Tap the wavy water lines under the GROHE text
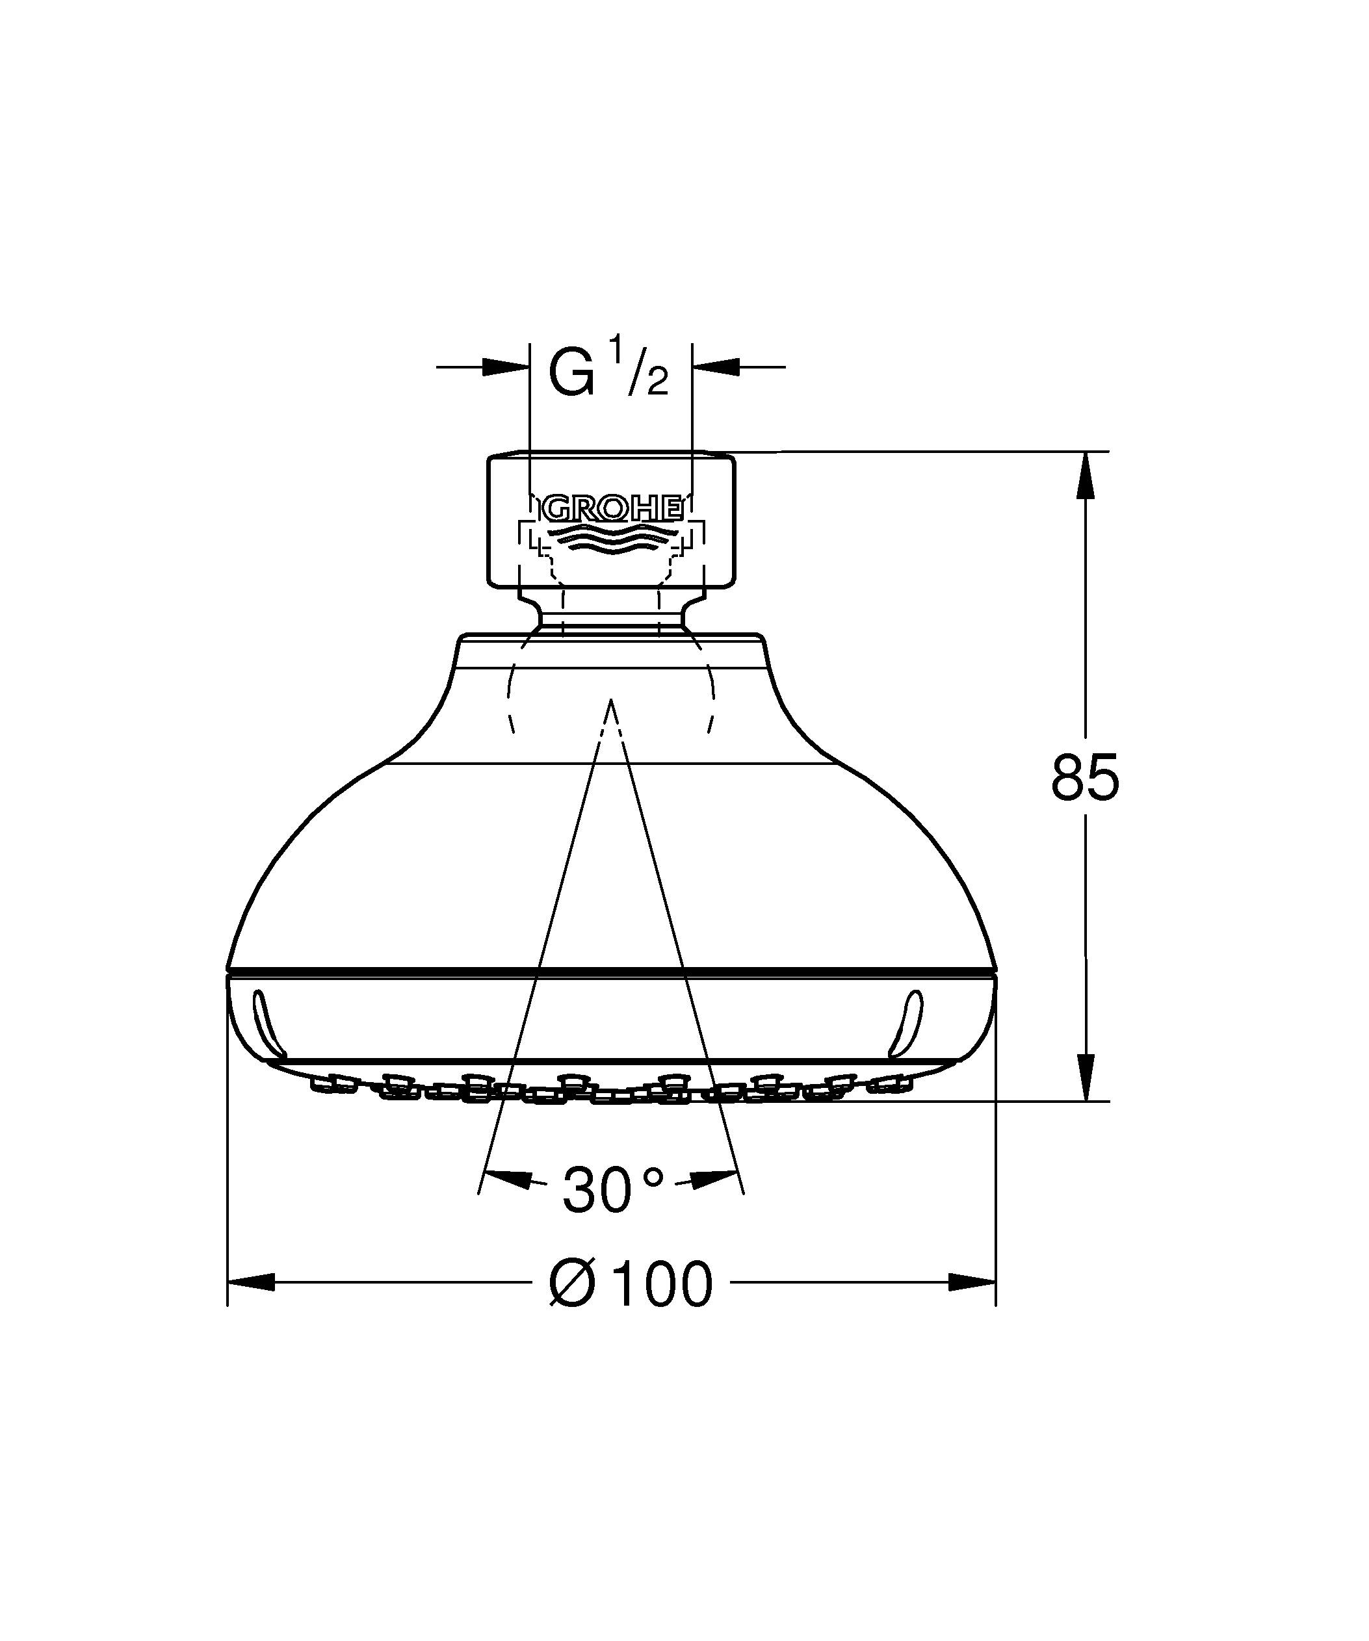[611, 537]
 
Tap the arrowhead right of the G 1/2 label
[715, 367]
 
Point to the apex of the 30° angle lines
[611, 701]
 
